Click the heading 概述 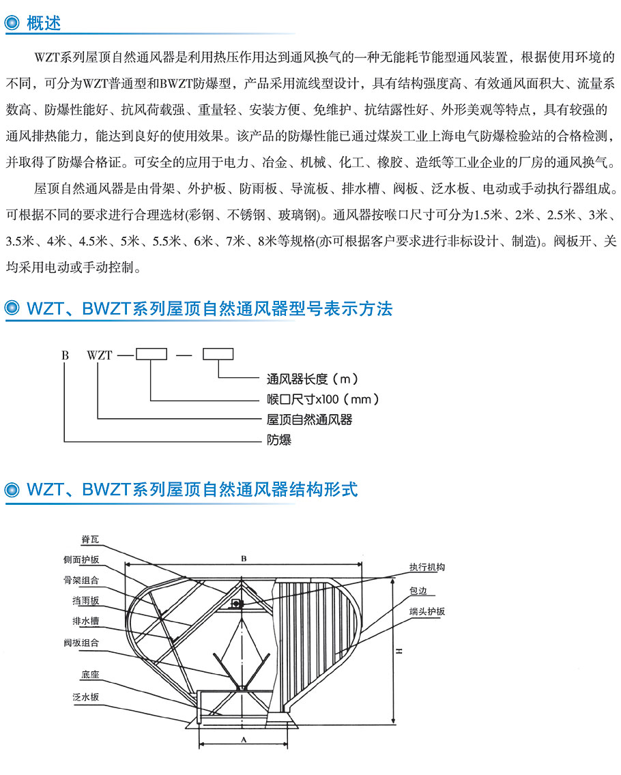point(44,23)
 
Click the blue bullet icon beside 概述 point(12,23)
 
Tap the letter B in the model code point(66,355)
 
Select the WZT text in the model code point(100,355)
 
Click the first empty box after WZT point(151,354)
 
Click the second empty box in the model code point(218,354)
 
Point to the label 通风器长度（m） point(312,379)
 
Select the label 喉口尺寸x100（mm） point(323,399)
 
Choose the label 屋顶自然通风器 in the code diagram point(310,420)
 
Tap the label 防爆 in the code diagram point(279,439)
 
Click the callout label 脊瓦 point(90,539)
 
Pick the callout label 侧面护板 point(81,559)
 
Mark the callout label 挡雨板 point(85,600)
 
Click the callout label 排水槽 point(85,622)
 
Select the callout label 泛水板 point(85,697)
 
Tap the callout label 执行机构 point(427,567)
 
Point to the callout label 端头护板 point(427,611)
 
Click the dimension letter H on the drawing point(399,652)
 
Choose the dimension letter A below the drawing point(243,740)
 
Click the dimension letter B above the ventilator point(244,559)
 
